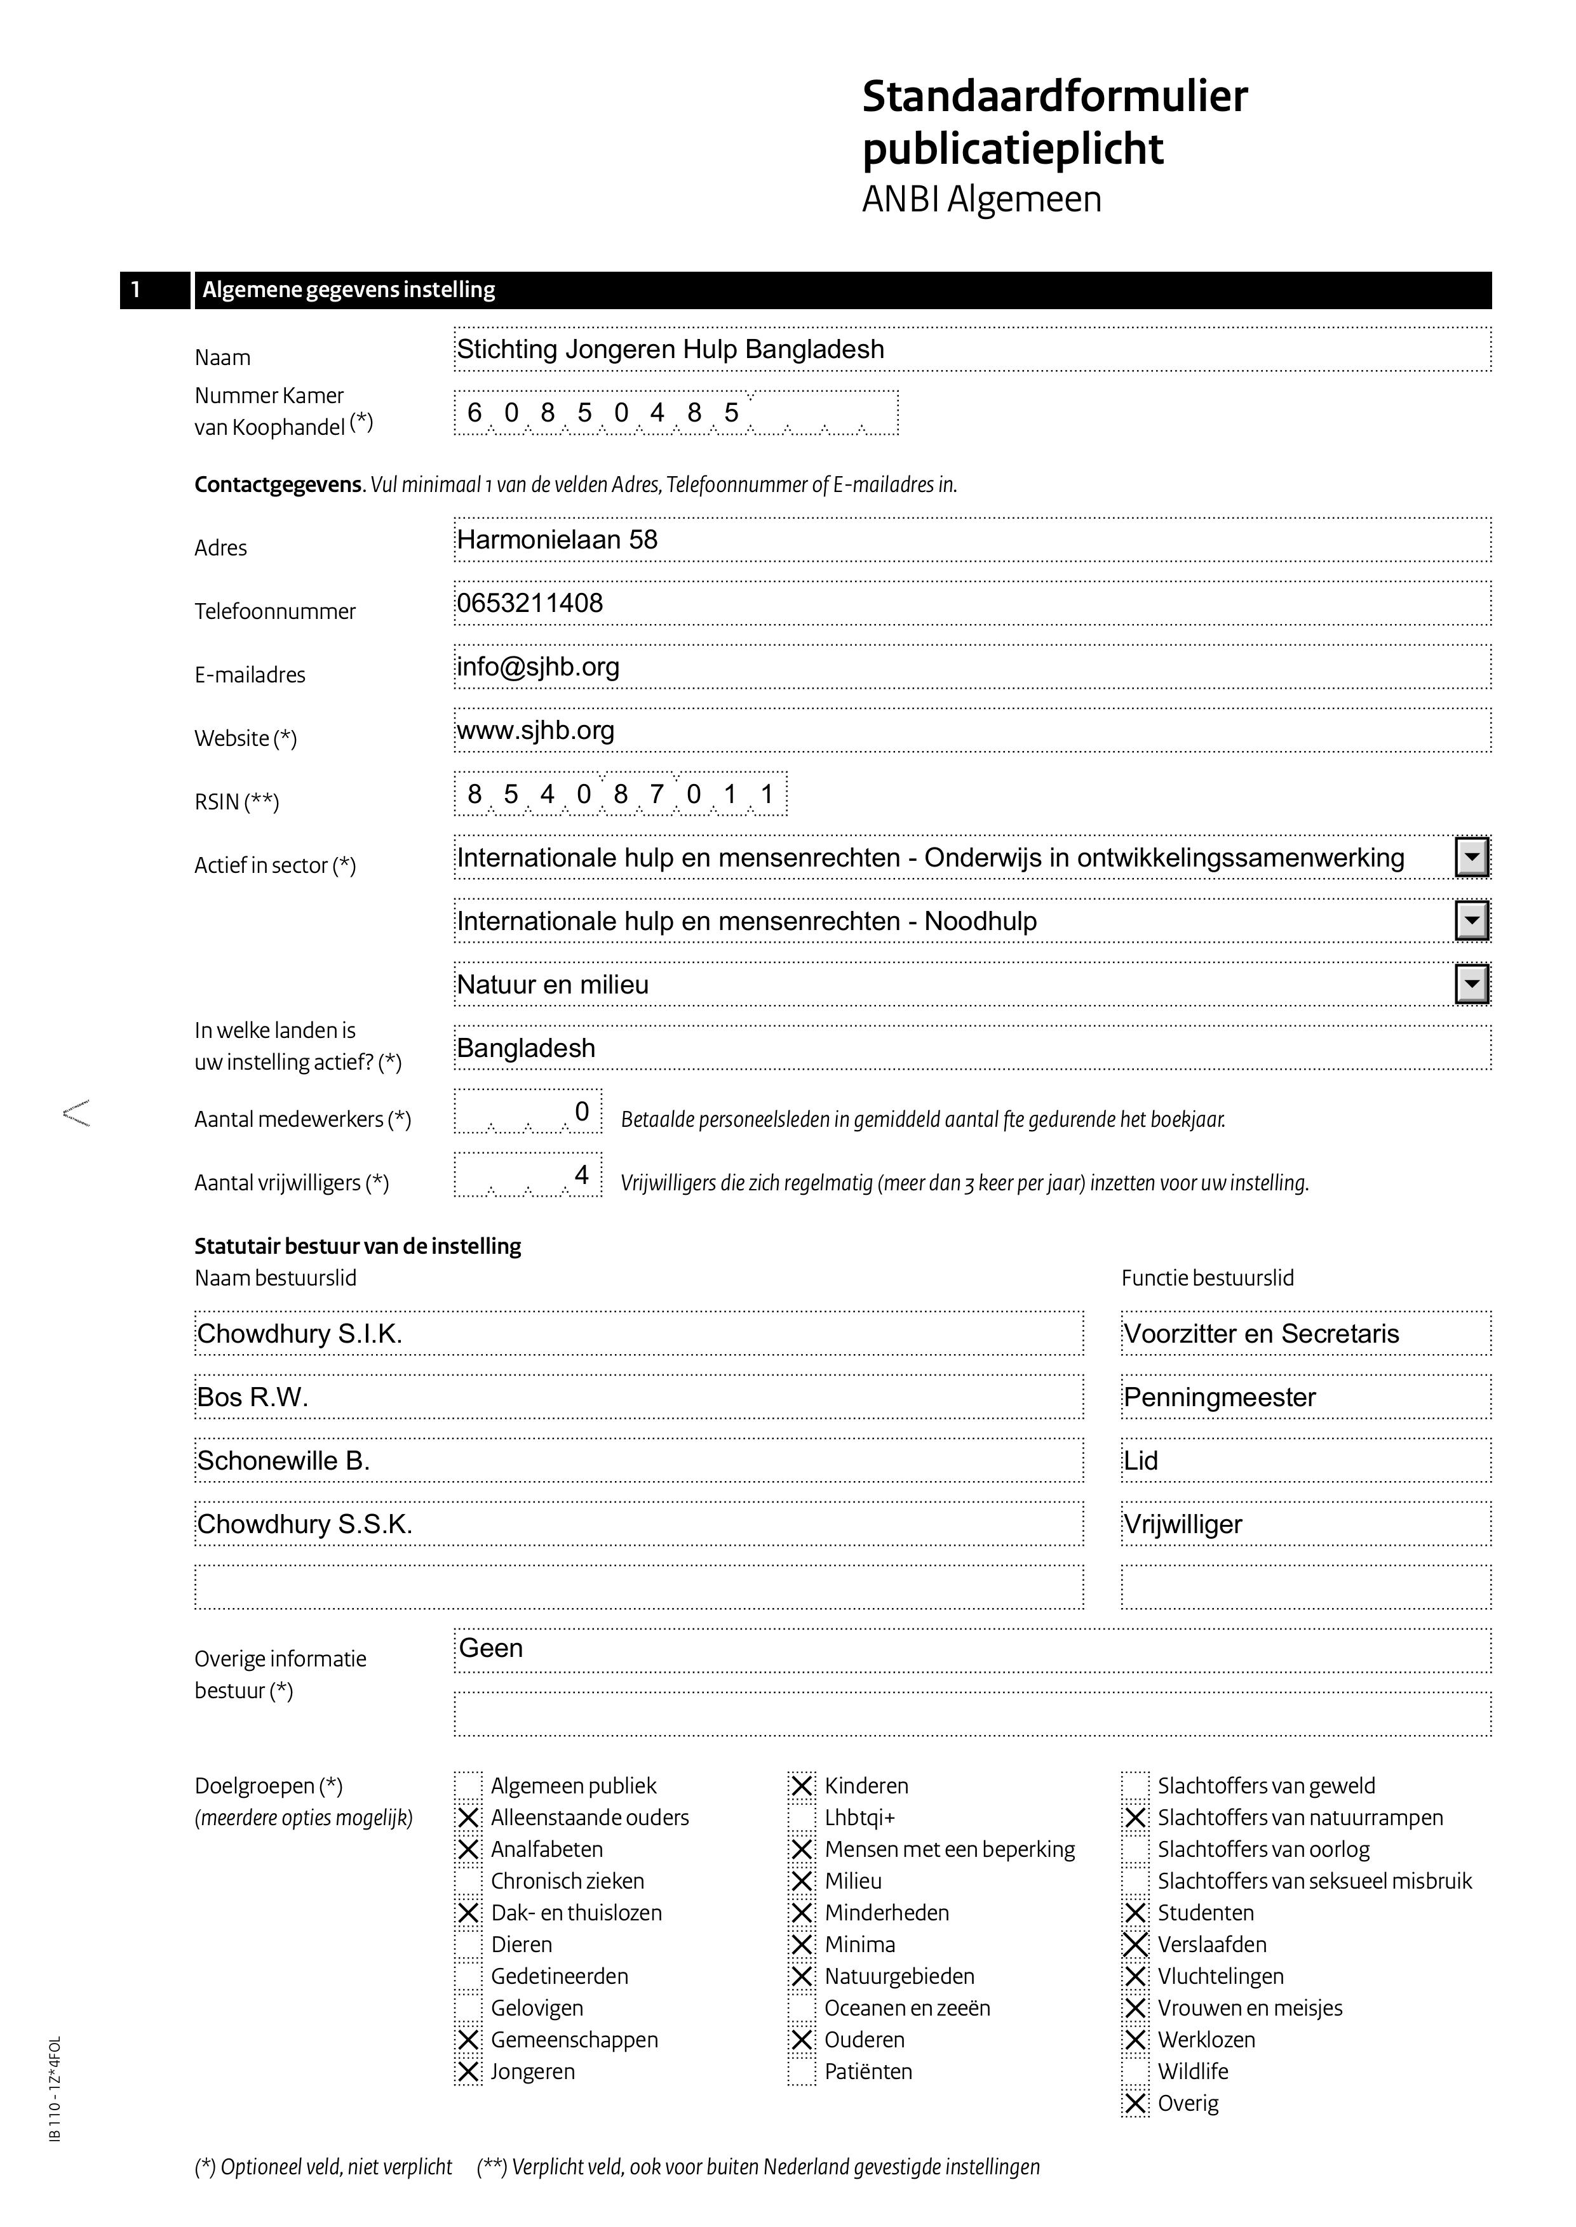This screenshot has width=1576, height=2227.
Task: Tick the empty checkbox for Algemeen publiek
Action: click(x=469, y=1786)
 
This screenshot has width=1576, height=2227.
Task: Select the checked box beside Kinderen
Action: click(x=802, y=1786)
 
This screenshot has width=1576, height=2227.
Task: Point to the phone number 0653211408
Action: click(x=530, y=603)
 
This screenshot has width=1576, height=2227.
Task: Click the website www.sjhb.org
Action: click(x=535, y=730)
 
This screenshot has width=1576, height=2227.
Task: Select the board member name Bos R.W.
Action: click(x=252, y=1398)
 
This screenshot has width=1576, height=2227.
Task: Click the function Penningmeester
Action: click(x=1219, y=1398)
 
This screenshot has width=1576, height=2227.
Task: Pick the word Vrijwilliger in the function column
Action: click(x=1182, y=1525)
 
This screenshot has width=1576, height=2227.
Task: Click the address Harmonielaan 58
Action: click(x=557, y=540)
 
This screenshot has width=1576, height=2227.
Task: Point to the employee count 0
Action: click(x=581, y=1112)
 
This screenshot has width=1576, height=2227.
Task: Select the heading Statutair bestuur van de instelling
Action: click(x=357, y=1246)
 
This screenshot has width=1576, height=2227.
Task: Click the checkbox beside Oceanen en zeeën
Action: click(x=802, y=2008)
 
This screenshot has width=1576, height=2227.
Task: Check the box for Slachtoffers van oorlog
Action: click(x=1135, y=1850)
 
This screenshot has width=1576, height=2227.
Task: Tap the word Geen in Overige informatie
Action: click(x=491, y=1649)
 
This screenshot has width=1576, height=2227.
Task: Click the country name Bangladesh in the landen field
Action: click(x=526, y=1049)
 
